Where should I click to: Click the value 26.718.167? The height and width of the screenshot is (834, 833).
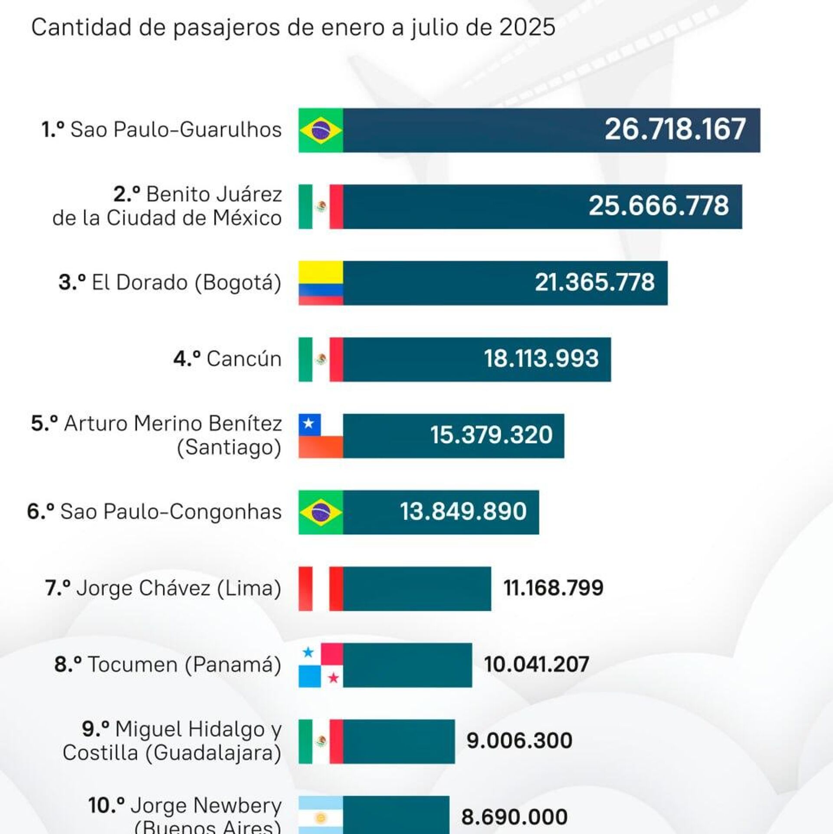[675, 129]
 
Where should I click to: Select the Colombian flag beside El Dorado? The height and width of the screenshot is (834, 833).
[321, 283]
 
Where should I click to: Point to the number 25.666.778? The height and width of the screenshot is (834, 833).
[659, 206]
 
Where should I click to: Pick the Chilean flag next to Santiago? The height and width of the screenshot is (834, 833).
[321, 435]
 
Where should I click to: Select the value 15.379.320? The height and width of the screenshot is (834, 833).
[491, 435]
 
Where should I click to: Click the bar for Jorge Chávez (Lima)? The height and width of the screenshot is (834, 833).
[416, 588]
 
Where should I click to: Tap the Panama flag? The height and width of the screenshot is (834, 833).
[321, 665]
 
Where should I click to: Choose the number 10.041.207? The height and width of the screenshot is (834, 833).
[536, 664]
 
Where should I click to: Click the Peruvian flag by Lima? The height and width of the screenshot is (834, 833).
[321, 588]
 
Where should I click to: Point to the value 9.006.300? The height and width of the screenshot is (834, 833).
[519, 741]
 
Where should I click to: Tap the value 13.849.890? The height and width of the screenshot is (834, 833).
[463, 511]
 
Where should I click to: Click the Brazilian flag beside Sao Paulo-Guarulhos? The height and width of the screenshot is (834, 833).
[321, 130]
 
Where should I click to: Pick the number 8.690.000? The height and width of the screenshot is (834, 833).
[514, 817]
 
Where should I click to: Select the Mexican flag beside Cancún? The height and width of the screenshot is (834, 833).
[321, 359]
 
